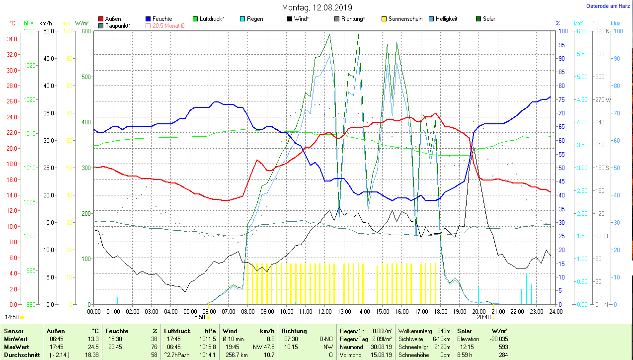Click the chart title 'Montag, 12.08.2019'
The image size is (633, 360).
tap(317, 7)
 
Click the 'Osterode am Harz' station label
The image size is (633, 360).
tap(608, 6)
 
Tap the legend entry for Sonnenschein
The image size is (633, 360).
tap(405, 19)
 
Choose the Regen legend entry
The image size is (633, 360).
tap(255, 19)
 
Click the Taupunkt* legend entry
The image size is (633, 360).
tap(118, 25)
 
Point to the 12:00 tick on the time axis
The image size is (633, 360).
tap(324, 311)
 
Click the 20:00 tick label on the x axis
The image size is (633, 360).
tap(478, 311)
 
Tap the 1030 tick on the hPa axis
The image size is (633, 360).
tap(29, 31)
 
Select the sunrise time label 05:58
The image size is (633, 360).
tap(198, 317)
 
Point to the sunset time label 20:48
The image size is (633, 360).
tap(483, 317)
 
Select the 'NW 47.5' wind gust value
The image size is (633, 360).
tap(263, 347)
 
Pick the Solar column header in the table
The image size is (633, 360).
tap(465, 331)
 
